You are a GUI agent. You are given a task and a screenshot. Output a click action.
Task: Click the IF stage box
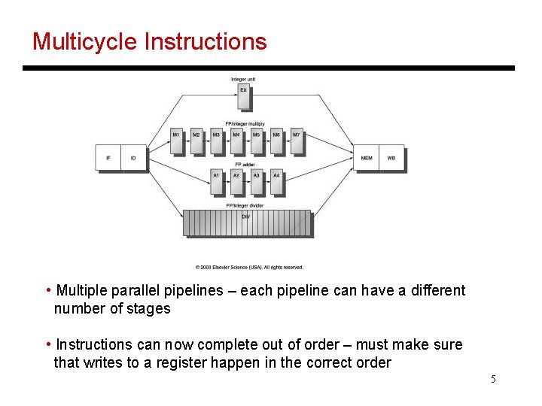(x=108, y=158)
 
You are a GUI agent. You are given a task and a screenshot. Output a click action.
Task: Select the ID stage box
(x=133, y=158)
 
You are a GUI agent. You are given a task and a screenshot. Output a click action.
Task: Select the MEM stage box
(x=367, y=158)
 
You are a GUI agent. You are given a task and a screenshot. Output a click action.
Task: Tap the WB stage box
(x=391, y=158)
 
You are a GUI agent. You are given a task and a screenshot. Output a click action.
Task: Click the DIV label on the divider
(x=245, y=217)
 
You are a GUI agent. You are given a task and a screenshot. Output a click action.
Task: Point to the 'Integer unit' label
(x=243, y=79)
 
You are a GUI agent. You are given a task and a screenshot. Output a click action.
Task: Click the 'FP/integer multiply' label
(x=245, y=123)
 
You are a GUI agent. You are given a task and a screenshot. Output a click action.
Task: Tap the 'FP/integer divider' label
(x=245, y=205)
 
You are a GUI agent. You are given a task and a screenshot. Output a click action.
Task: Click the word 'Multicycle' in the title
(x=84, y=41)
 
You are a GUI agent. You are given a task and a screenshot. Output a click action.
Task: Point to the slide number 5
(x=493, y=379)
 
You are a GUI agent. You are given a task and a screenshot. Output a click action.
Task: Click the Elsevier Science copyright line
(x=249, y=267)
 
